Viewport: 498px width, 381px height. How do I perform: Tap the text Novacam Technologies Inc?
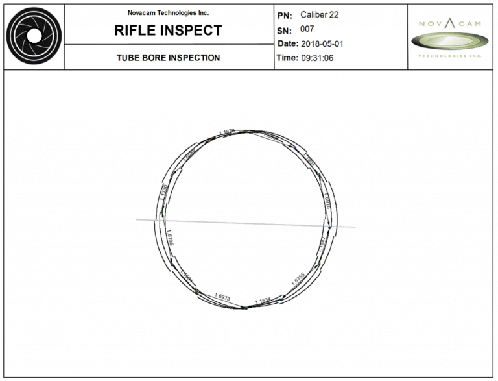coord(169,12)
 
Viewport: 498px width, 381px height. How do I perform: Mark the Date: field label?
coord(289,43)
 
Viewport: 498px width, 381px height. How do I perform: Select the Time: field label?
coord(289,57)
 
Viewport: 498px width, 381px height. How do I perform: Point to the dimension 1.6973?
coord(221,297)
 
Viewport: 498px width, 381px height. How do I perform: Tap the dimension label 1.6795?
coord(171,238)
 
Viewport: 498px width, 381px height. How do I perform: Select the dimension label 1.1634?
coord(263,301)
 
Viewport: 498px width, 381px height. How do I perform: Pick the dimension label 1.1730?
coord(164,193)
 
